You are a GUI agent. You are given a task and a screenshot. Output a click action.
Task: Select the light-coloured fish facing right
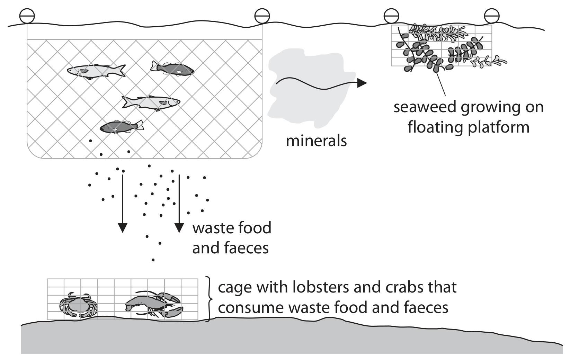tap(151, 102)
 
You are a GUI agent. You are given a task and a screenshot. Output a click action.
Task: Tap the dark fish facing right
tap(172, 69)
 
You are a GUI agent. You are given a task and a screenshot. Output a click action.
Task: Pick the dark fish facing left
tap(122, 126)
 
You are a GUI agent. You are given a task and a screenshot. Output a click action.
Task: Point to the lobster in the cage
tap(154, 304)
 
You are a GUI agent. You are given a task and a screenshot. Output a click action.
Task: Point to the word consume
tap(251, 308)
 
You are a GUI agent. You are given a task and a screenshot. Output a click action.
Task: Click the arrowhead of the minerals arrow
tap(362, 83)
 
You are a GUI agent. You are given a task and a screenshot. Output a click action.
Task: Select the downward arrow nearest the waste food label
tap(179, 204)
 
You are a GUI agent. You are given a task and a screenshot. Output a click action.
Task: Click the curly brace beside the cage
tap(209, 299)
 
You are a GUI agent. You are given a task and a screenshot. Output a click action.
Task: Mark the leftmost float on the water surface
tap(27, 16)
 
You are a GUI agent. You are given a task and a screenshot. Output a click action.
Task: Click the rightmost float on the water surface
tap(492, 16)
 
